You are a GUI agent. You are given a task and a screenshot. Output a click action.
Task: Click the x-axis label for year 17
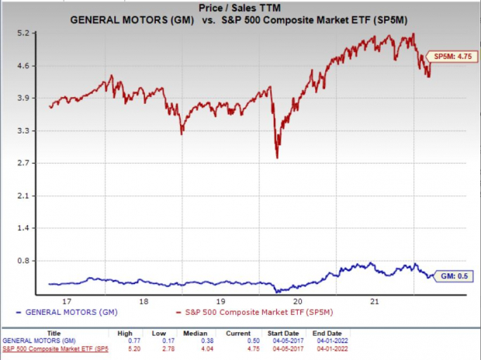67,301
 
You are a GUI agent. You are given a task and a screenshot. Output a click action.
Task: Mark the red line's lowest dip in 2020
277,157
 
